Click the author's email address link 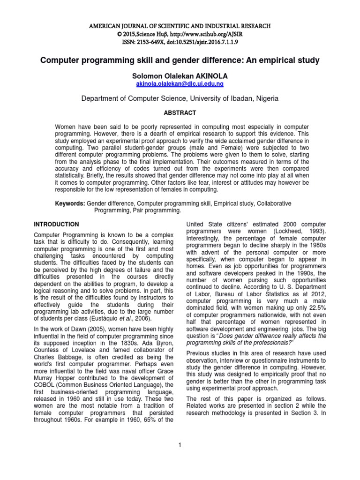pyautogui.click(x=180, y=83)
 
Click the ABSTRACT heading pyautogui.click(x=180, y=113)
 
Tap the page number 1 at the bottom pyautogui.click(x=180, y=444)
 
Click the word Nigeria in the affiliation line pyautogui.click(x=265, y=98)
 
